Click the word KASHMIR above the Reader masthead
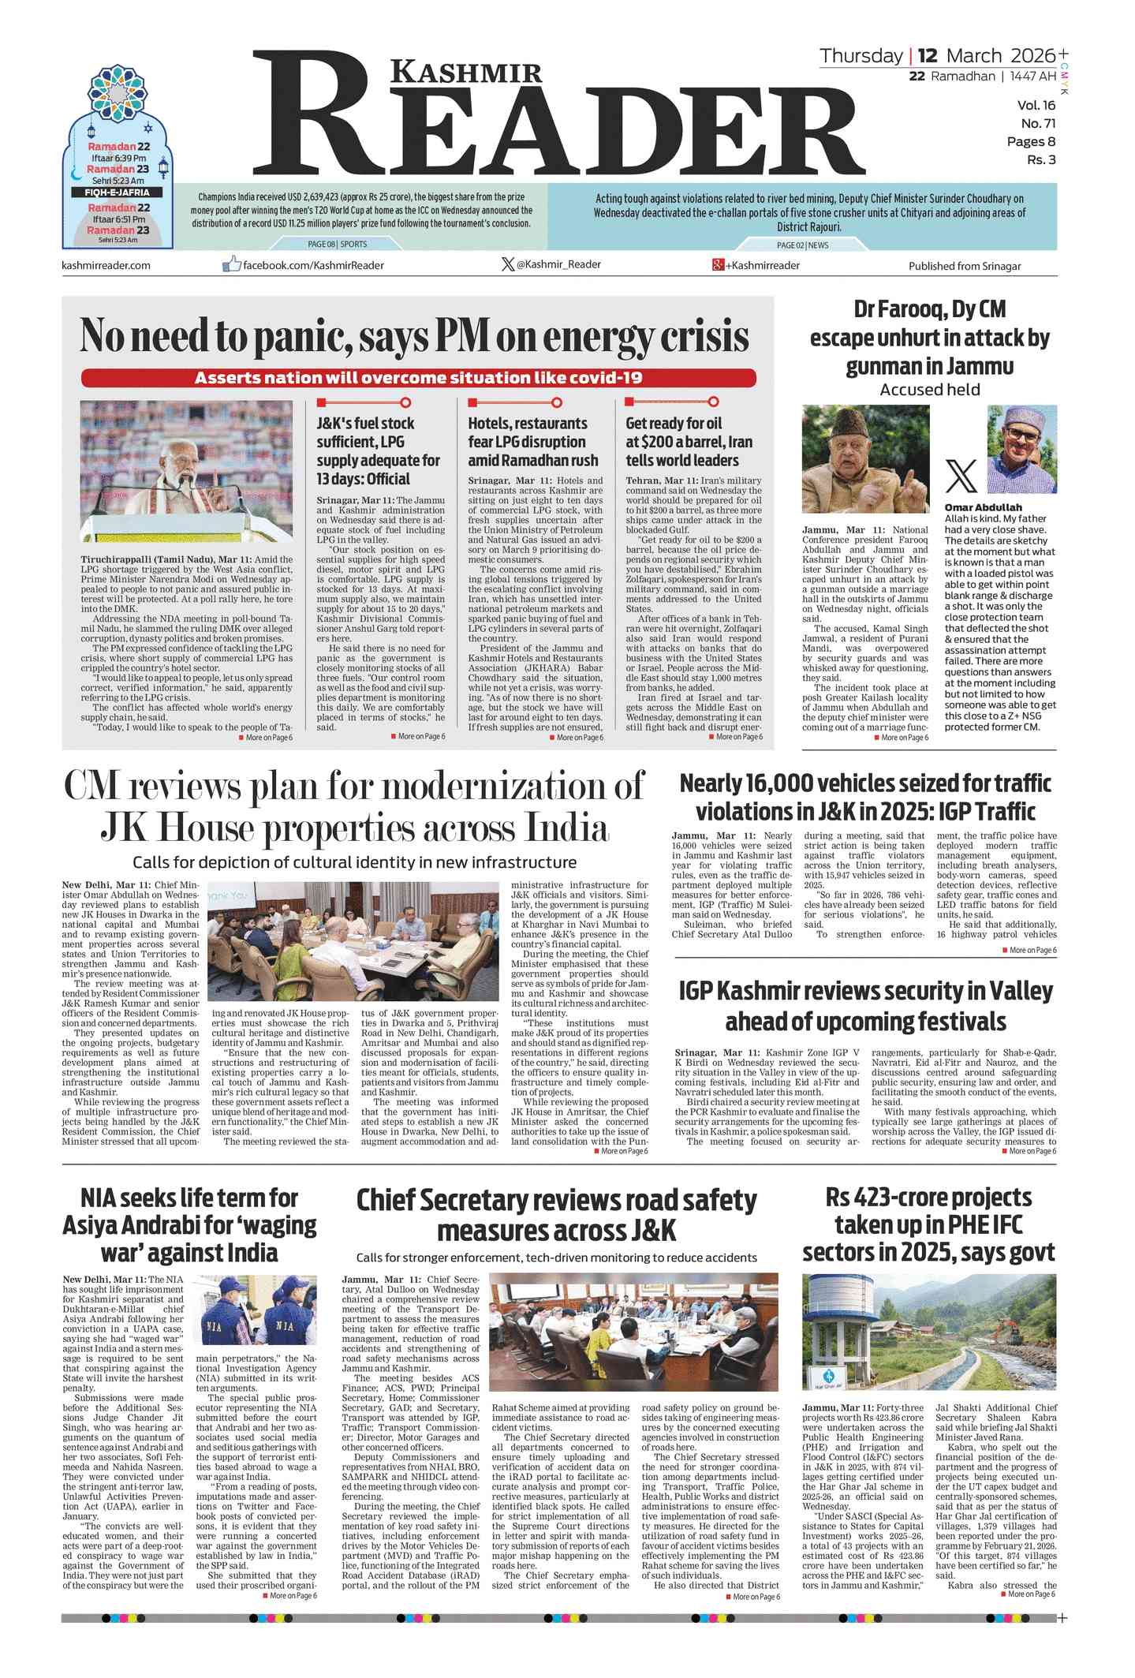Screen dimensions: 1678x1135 point(466,73)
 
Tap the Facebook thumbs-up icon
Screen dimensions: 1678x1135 point(231,264)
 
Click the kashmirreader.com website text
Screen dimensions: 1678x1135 point(106,265)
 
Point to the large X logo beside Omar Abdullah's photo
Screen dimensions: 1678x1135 point(961,476)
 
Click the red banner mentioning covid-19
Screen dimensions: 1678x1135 point(418,378)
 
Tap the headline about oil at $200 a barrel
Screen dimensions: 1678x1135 point(689,442)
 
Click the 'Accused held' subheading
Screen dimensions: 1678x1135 point(929,390)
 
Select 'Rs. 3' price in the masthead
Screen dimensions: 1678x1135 point(1040,160)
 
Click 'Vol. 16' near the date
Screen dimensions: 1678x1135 point(1036,106)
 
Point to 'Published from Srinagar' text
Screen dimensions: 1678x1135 point(964,266)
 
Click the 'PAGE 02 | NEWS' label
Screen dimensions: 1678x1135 point(802,245)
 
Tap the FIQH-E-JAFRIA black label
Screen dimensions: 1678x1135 point(118,192)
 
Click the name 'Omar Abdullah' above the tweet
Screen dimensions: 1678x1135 point(983,507)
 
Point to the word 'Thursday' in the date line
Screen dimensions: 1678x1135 point(861,56)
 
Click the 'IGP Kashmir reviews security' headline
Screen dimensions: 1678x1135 point(865,1006)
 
